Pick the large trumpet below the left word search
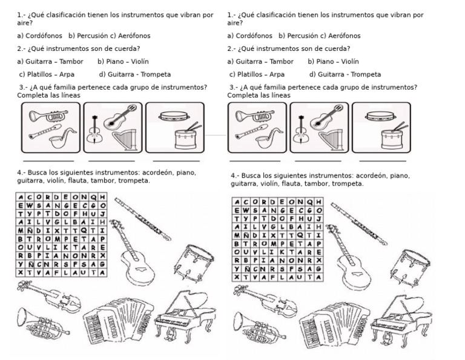click(x=42, y=321)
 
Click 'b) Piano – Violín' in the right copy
click(x=333, y=61)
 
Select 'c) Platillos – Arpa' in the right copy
click(x=257, y=75)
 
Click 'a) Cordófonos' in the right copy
click(x=250, y=36)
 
